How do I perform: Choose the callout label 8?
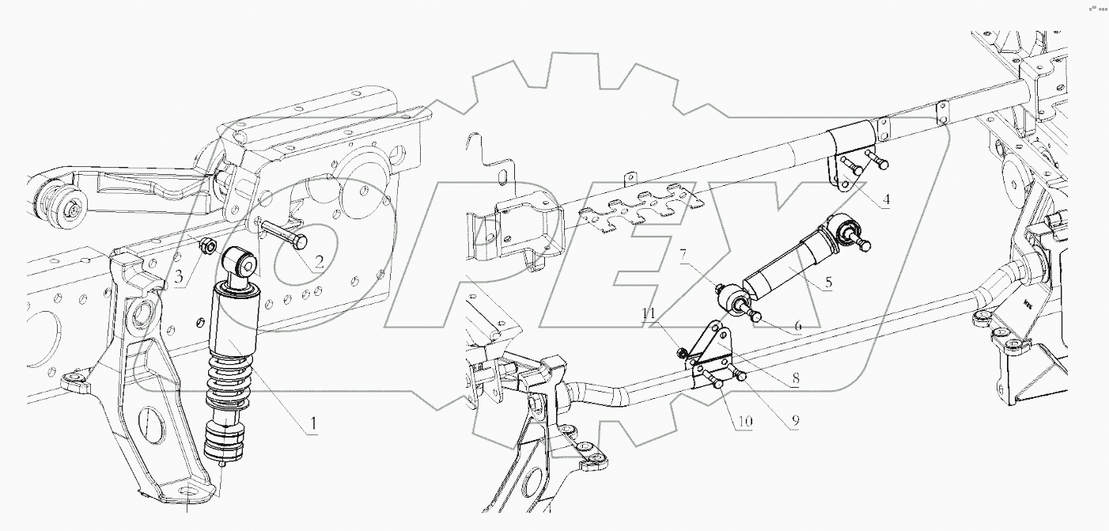coord(795,380)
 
